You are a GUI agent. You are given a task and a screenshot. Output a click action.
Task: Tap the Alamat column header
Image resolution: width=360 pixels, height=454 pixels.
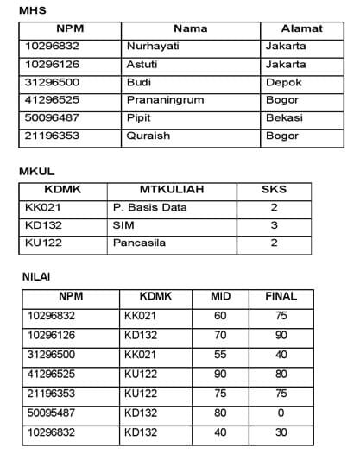301,28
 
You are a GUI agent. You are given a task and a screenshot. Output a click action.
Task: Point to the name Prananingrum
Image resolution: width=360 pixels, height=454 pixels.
164,99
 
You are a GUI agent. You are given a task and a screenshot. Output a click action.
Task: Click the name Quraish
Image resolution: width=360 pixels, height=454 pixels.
148,136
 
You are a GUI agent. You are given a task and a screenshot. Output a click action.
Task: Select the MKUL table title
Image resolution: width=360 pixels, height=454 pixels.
36,172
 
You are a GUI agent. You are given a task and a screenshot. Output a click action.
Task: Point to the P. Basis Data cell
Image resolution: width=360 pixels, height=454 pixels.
149,208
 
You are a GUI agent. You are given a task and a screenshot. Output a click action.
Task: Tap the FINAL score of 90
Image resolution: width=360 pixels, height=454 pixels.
281,334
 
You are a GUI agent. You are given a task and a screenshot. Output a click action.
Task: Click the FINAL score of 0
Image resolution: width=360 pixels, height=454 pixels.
281,413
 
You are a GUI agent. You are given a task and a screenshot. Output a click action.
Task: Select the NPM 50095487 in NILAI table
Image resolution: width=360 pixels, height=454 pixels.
53,413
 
